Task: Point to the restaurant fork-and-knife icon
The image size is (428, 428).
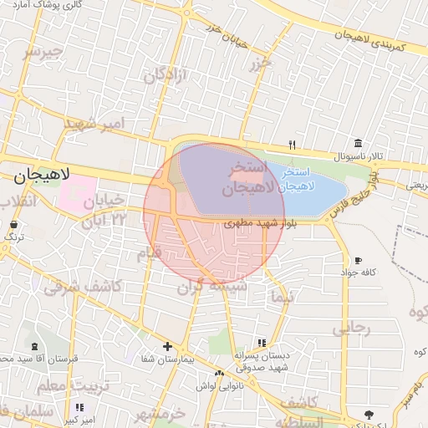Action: [x=292, y=144]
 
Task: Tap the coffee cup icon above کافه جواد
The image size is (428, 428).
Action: [x=359, y=260]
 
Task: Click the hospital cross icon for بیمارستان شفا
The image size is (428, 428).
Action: [x=168, y=345]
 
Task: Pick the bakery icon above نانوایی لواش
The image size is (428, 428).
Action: [x=219, y=374]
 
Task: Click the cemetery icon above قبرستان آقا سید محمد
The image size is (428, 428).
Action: [x=33, y=345]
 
